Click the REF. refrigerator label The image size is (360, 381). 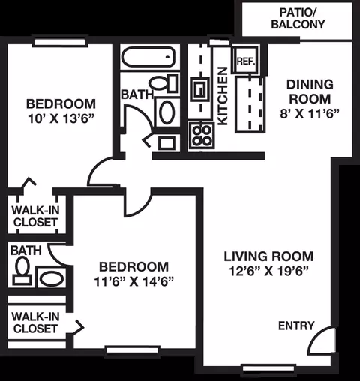click(246, 61)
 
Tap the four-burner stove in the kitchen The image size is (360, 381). click(202, 136)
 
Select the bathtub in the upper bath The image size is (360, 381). click(148, 57)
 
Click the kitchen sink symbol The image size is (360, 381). click(200, 89)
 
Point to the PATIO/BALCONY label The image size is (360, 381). click(298, 19)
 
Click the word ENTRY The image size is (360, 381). click(296, 325)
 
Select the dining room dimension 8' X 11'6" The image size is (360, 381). click(310, 114)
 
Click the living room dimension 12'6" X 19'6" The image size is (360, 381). click(268, 271)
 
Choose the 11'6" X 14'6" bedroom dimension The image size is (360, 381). click(133, 281)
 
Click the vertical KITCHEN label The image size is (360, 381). click(223, 96)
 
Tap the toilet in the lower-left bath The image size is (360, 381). click(22, 271)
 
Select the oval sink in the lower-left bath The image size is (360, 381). click(52, 278)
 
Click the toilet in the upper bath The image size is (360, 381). click(164, 82)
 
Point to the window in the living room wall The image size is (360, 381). click(268, 368)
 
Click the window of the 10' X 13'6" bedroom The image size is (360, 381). click(60, 42)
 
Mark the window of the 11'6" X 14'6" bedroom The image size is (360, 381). click(133, 349)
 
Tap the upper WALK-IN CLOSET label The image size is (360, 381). click(35, 216)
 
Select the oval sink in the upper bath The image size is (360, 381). click(166, 112)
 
